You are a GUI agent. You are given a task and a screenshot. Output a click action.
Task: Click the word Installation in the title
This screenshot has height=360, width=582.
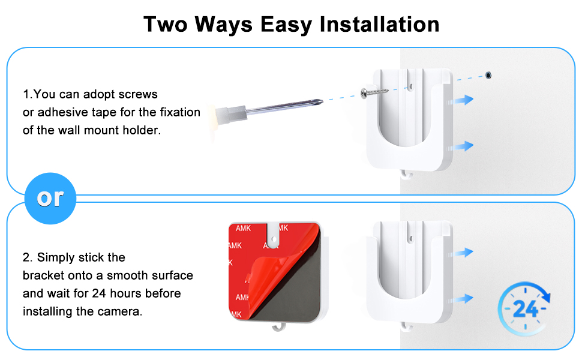pyautogui.click(x=379, y=24)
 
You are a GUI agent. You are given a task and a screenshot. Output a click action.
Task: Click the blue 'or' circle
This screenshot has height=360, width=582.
pyautogui.click(x=50, y=198)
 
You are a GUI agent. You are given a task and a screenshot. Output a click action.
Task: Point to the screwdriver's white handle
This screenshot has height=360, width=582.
pyautogui.click(x=229, y=112)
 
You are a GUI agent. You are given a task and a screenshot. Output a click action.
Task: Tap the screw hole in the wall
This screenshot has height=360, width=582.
pyautogui.click(x=488, y=76)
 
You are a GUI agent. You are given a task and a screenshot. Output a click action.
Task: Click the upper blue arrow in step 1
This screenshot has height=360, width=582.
pyautogui.click(x=463, y=100)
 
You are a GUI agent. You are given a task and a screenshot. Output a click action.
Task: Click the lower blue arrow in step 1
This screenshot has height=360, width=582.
pyautogui.click(x=463, y=146)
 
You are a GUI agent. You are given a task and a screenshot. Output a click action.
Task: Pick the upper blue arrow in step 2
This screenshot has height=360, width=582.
pyautogui.click(x=463, y=253)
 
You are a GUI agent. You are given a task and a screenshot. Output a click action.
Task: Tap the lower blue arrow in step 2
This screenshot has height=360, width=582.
pyautogui.click(x=463, y=298)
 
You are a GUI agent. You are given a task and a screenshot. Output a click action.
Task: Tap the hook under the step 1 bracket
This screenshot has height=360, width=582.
pyautogui.click(x=406, y=175)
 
